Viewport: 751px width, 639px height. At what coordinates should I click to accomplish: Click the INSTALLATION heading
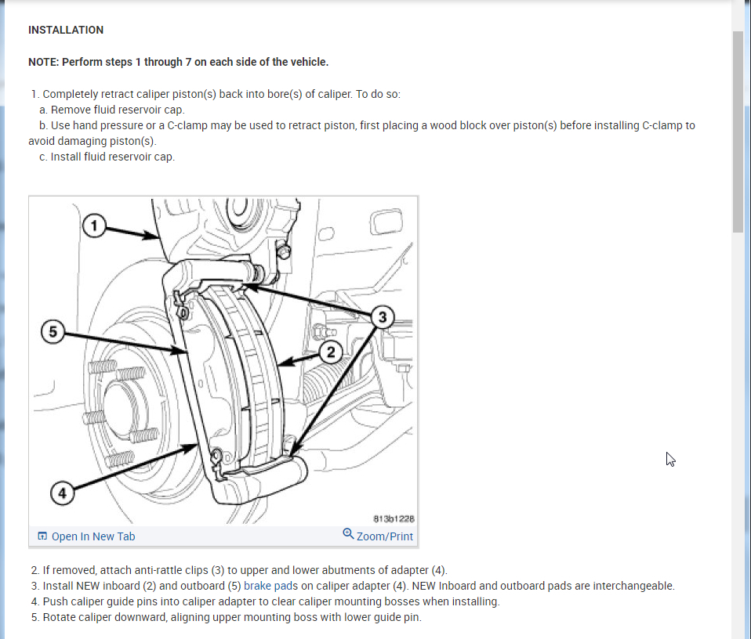(x=66, y=30)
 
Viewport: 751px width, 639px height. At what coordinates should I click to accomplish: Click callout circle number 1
(x=94, y=227)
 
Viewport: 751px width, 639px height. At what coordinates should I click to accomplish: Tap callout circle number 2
(x=331, y=352)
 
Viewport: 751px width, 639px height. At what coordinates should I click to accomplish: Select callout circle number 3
(x=383, y=317)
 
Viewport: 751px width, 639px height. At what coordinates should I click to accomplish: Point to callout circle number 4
(x=63, y=494)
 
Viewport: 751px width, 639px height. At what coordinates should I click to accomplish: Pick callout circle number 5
(x=53, y=332)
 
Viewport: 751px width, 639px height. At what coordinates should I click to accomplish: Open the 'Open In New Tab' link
(x=93, y=536)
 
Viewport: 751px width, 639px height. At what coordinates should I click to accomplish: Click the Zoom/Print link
(x=384, y=536)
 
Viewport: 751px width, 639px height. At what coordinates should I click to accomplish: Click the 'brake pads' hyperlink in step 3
(x=269, y=586)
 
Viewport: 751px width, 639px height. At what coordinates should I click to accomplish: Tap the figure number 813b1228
(x=394, y=518)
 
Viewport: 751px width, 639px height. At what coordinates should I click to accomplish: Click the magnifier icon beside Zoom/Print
(x=348, y=534)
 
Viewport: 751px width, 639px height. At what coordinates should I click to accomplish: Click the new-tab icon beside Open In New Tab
(x=42, y=536)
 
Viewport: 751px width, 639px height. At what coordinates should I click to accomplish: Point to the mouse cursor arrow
(x=669, y=458)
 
